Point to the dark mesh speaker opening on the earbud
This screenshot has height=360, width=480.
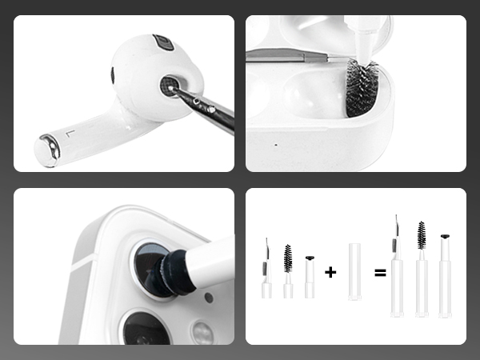point(170,85)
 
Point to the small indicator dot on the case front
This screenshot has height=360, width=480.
point(276,145)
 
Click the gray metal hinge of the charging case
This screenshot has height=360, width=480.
point(288,55)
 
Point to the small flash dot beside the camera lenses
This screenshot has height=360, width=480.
point(209,297)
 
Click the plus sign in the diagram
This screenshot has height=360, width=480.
point(330,272)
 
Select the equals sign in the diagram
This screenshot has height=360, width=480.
point(380,272)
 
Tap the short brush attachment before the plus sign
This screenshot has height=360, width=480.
point(288,272)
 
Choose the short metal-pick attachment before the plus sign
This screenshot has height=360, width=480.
point(266,272)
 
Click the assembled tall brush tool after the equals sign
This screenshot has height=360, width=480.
point(421,268)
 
